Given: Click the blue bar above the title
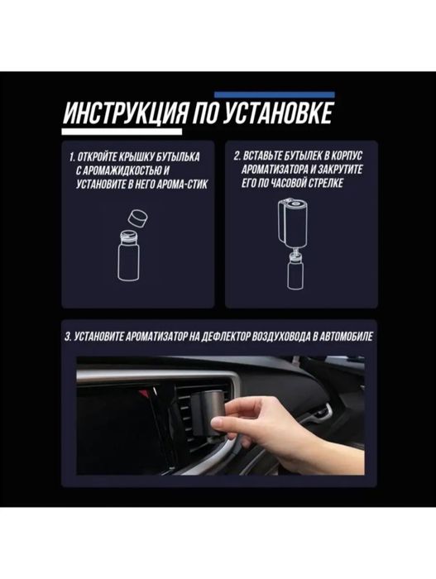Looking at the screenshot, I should [x=274, y=94].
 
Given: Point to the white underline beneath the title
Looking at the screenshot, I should [x=123, y=129].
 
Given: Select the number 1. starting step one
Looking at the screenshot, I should [x=72, y=156].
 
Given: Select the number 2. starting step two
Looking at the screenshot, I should [x=237, y=156].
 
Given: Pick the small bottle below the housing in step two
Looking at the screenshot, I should [x=293, y=272].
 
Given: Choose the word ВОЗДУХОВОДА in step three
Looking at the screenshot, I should [x=278, y=338].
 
